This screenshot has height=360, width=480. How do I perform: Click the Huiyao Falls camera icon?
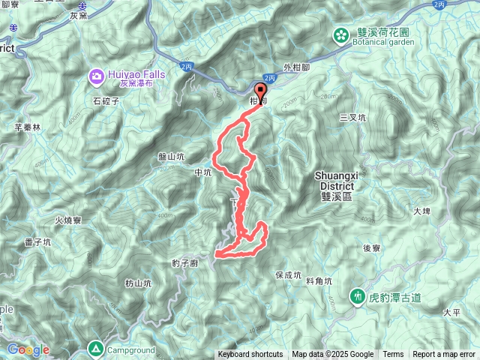tap(97, 76)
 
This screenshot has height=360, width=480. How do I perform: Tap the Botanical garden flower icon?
tap(341, 34)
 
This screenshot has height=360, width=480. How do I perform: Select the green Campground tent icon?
tap(96, 348)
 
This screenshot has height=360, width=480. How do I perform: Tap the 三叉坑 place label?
tap(352, 118)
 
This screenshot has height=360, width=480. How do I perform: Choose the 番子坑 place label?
tap(37, 242)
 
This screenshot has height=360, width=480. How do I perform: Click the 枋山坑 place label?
tap(138, 283)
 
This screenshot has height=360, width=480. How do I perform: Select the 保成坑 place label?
tap(288, 275)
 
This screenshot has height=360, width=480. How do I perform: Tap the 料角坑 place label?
tap(319, 280)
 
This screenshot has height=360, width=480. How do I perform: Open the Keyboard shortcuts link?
tap(250, 355)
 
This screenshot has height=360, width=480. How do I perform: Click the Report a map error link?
tap(443, 355)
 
